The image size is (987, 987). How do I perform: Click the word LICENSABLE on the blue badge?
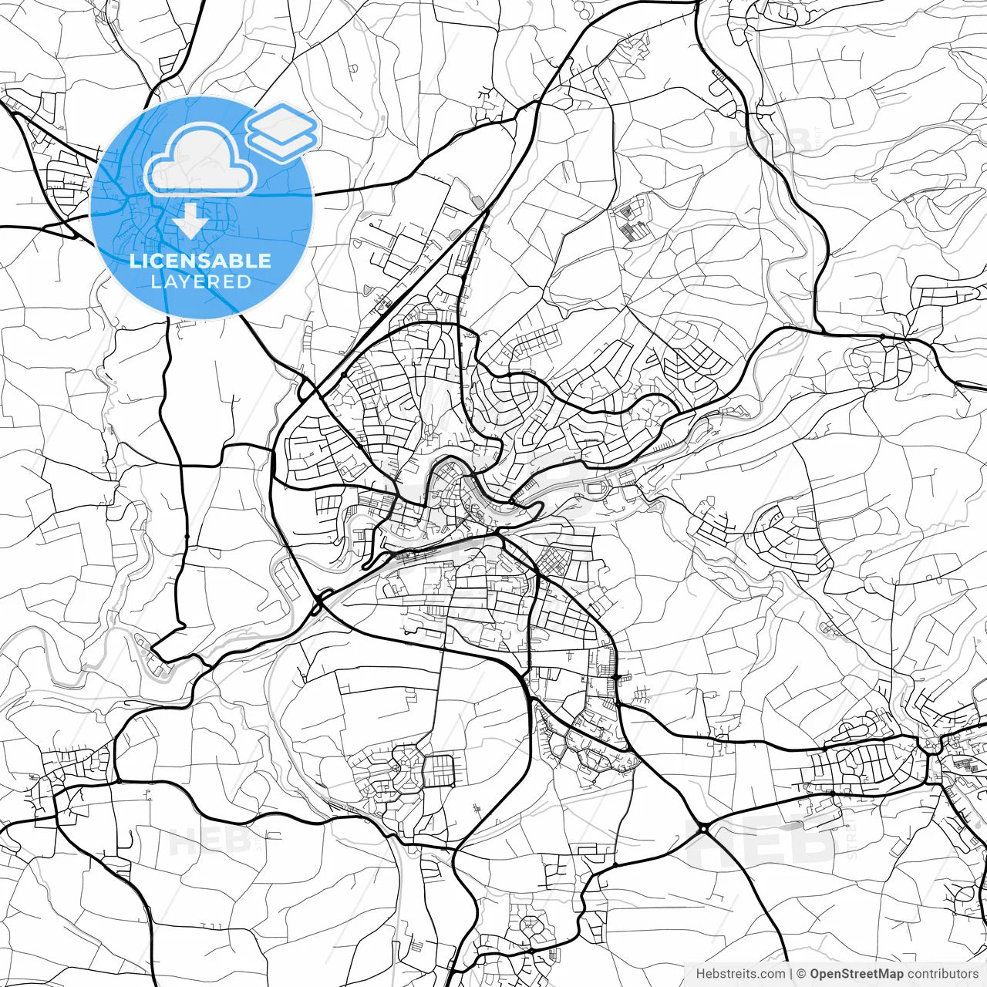click(x=200, y=261)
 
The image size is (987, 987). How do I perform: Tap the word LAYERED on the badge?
click(x=200, y=281)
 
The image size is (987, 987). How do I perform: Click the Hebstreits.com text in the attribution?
click(x=740, y=974)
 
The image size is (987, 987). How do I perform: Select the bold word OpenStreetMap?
click(x=857, y=974)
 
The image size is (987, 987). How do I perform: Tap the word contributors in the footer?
click(x=942, y=974)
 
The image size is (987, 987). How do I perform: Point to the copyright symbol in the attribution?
click(x=801, y=974)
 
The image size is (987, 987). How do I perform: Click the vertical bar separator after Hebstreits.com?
click(x=791, y=974)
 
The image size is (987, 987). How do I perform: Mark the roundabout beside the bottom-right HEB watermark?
click(x=704, y=828)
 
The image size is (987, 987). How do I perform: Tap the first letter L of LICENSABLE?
click(x=134, y=261)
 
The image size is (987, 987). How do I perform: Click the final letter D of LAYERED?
click(x=244, y=281)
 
